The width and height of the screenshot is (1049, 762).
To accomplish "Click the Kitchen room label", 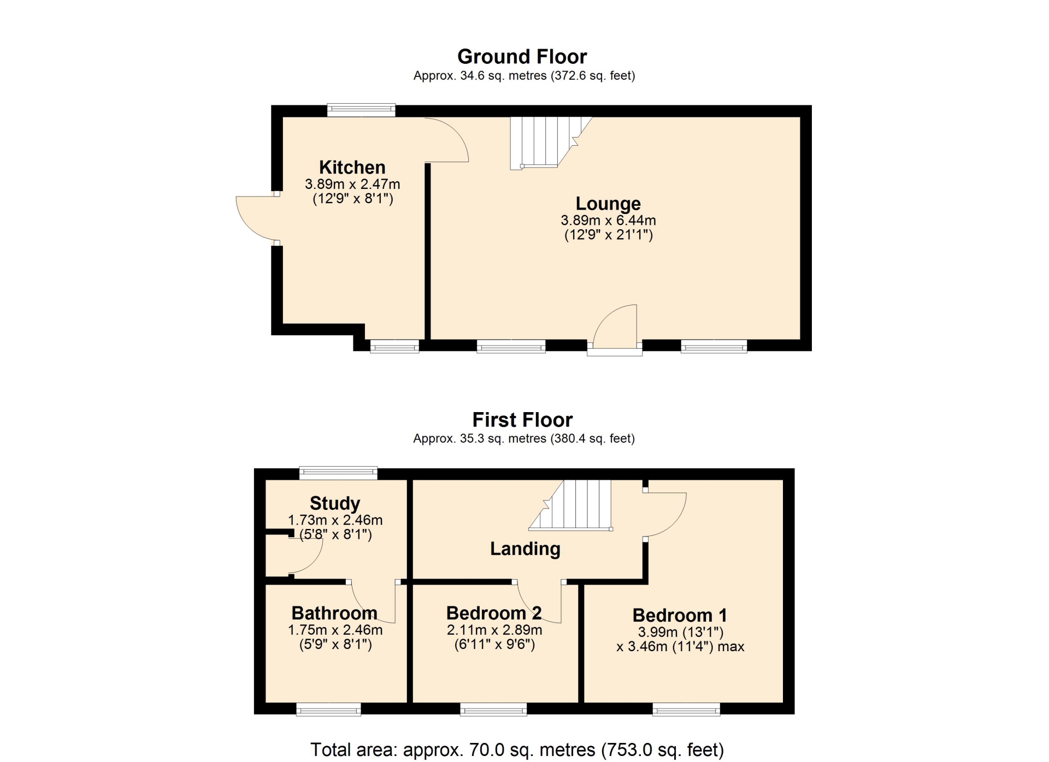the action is (x=352, y=167).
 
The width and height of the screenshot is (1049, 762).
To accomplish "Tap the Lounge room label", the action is (x=608, y=204).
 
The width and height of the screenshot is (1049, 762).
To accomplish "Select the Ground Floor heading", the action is (x=522, y=57).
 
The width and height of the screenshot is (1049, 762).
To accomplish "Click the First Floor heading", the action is (x=522, y=420).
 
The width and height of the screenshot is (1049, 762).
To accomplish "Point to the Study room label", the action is (x=335, y=503).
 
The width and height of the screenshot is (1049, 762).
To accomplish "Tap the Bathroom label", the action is (x=334, y=613).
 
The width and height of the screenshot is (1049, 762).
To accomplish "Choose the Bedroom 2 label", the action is (x=494, y=613).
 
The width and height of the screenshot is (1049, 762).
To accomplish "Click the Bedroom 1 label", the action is (x=680, y=615).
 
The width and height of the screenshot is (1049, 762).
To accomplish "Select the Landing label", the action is (x=525, y=549).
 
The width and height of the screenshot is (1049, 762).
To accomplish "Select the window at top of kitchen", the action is (x=361, y=110).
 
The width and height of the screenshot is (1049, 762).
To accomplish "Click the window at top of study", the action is (x=338, y=473).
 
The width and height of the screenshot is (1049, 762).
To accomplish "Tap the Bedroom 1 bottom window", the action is (x=686, y=710).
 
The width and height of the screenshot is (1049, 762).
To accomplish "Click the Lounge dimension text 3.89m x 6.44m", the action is (x=608, y=221).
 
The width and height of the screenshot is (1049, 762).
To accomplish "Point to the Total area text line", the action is (x=517, y=750).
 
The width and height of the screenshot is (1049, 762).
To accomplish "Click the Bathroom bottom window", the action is (x=328, y=710).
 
